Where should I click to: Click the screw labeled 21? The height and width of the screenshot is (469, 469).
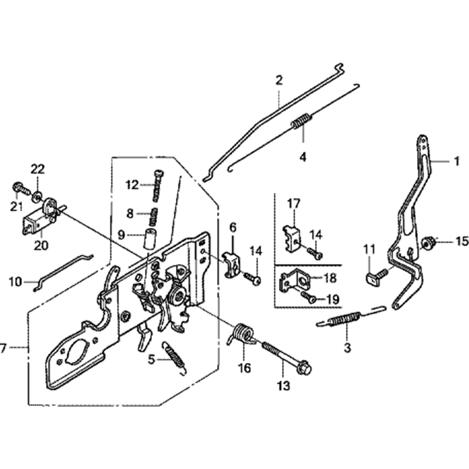(17, 188)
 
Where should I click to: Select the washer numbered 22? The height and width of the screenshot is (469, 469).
(36, 194)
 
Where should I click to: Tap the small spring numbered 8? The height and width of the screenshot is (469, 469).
(153, 214)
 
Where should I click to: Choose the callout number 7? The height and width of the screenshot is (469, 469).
(4, 348)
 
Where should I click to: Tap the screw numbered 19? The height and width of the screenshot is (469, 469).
(308, 296)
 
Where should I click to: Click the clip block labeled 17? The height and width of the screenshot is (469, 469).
(292, 237)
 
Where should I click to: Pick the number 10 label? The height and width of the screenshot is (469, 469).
(15, 282)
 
